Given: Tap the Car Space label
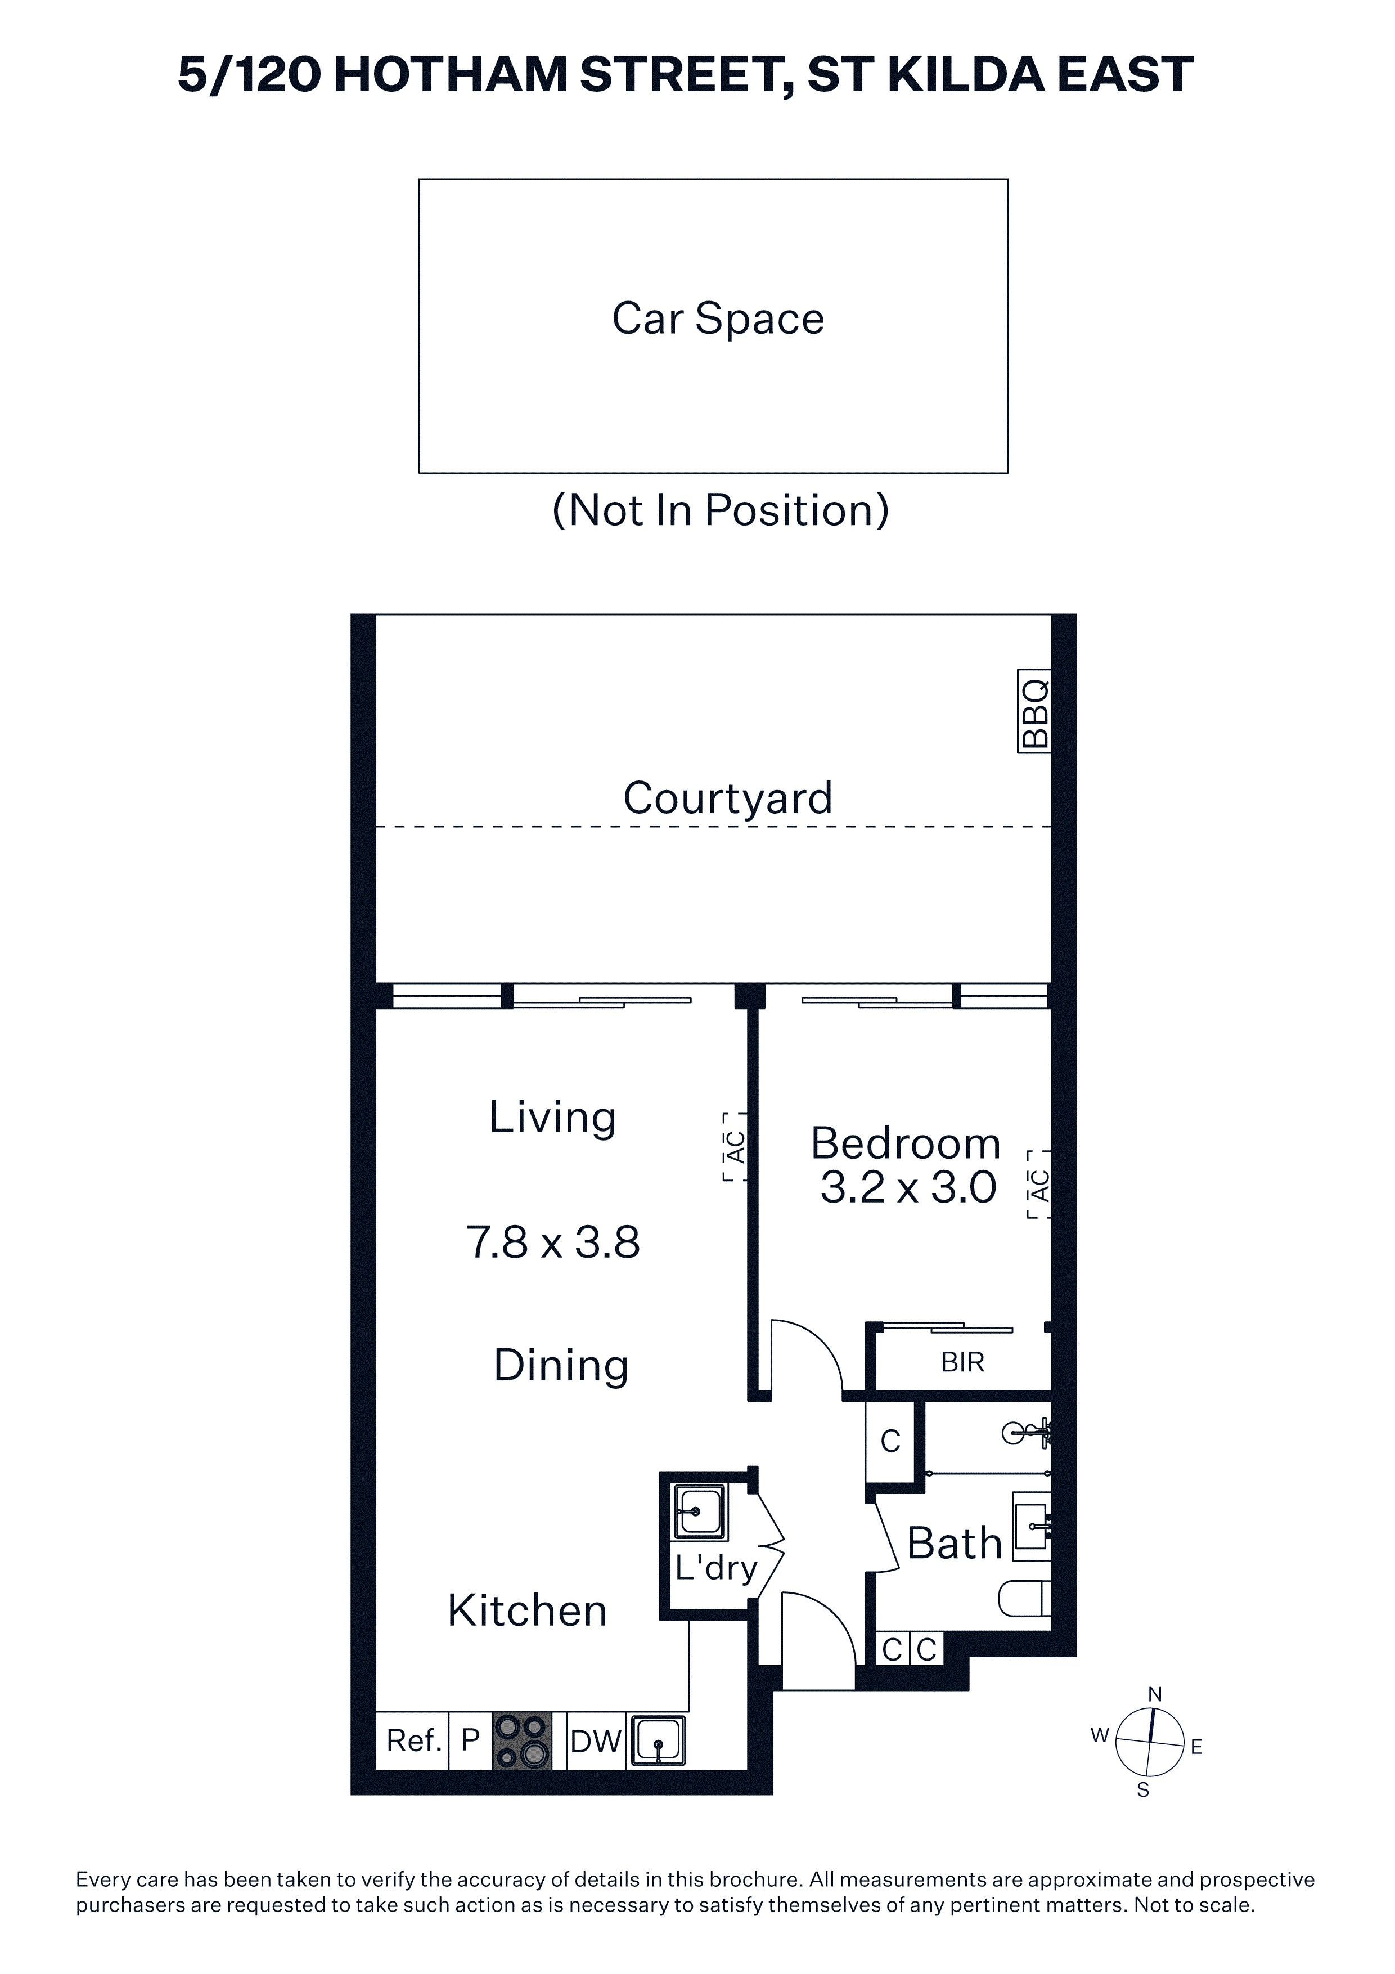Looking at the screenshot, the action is pos(718,318).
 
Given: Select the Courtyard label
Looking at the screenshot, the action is pos(728,798).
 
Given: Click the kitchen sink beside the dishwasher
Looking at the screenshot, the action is pos(658,1741).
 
